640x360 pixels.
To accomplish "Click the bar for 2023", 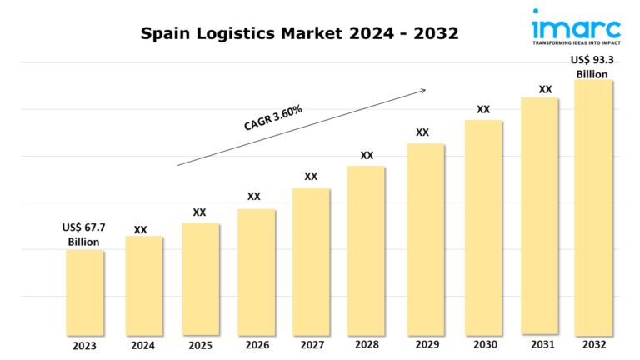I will pos(84,292).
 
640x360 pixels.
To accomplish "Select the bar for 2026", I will pos(256,271).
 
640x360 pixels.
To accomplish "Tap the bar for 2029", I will pos(425,238).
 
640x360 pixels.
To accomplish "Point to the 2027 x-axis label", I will pos(311,345).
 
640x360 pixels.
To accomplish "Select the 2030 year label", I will pos(483,344).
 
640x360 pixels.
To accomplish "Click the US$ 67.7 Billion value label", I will pos(83,234).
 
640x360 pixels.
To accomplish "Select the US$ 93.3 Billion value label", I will pos(593,67).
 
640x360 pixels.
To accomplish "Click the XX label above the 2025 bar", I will pos(199,212).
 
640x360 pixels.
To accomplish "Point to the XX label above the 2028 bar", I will pos(367,155).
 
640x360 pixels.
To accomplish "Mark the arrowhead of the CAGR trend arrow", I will pos(423,88).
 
